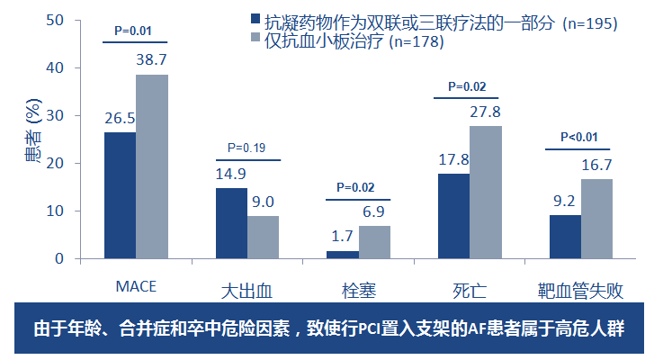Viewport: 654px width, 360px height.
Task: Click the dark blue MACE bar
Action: pos(120,195)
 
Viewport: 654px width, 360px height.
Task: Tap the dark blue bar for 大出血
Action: pos(231,223)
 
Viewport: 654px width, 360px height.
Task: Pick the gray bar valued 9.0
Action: pos(264,238)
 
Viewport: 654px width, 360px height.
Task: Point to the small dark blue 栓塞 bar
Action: pos(343,255)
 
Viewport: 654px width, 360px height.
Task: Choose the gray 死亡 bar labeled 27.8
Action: pos(486,193)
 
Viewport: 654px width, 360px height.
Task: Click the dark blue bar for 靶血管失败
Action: pos(565,237)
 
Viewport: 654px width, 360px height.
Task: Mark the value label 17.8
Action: pos(453,158)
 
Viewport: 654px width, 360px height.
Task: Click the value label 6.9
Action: pos(374,211)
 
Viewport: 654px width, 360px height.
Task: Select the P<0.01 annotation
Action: pos(578,137)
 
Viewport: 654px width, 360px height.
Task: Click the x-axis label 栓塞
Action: pos(358,291)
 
